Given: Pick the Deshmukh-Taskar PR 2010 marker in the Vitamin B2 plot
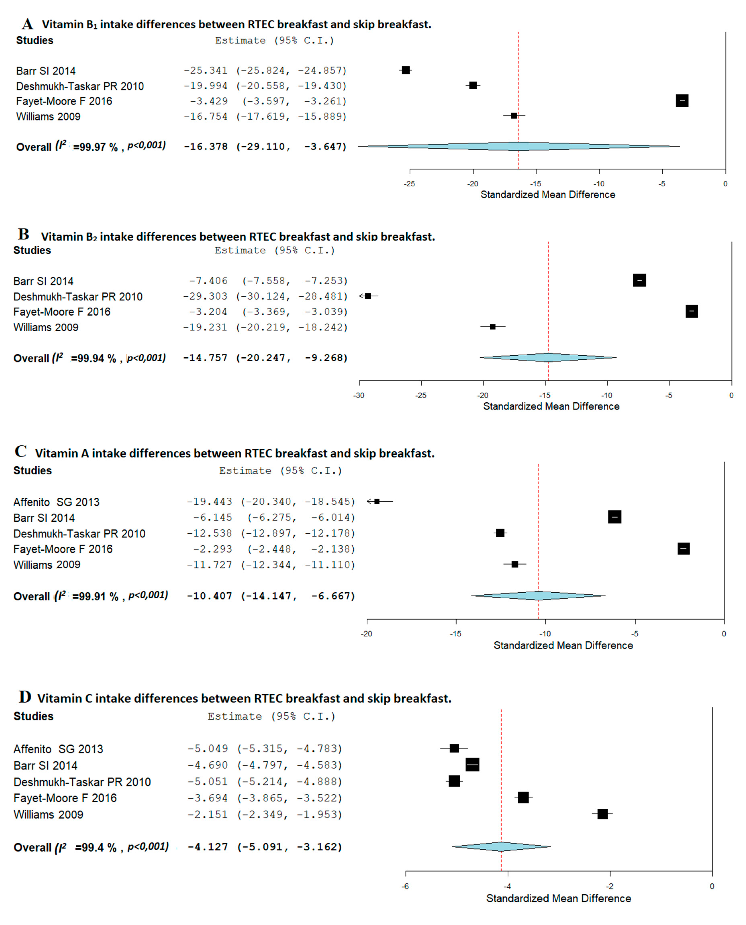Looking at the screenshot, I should click(x=368, y=296).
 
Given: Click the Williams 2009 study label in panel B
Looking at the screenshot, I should click(x=46, y=327).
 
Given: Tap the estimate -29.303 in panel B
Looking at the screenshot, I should click(x=205, y=296).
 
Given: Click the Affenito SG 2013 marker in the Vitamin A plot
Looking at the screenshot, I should click(x=377, y=501).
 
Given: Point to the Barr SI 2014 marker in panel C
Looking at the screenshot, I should click(x=614, y=517).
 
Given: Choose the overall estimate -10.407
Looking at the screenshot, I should click(x=209, y=596).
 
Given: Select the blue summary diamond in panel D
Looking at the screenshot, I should click(x=501, y=846).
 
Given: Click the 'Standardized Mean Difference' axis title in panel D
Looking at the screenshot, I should click(x=558, y=898).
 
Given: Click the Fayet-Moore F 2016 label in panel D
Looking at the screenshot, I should click(x=65, y=798).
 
